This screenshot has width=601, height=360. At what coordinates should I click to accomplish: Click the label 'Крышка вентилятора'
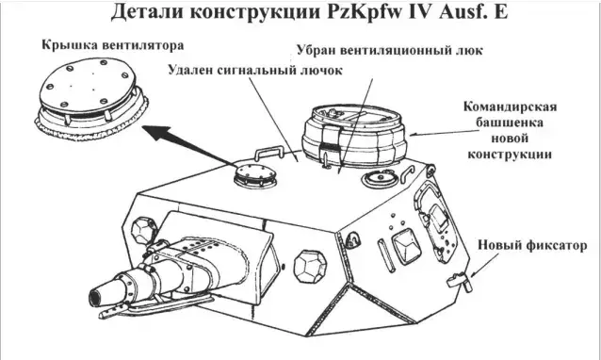click(113, 45)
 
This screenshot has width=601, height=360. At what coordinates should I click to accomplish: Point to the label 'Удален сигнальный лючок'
click(255, 70)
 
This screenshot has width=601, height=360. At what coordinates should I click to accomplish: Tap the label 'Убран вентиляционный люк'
click(390, 50)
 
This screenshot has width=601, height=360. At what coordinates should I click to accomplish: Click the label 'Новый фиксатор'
click(532, 245)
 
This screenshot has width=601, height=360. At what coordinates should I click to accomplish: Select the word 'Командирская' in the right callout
click(511, 106)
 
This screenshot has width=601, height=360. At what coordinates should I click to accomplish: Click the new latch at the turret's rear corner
click(460, 281)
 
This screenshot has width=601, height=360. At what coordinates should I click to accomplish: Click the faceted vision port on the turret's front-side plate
click(311, 268)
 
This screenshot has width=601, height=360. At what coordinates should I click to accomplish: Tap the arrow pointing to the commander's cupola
click(445, 133)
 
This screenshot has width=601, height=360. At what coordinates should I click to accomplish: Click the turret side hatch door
click(436, 220)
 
